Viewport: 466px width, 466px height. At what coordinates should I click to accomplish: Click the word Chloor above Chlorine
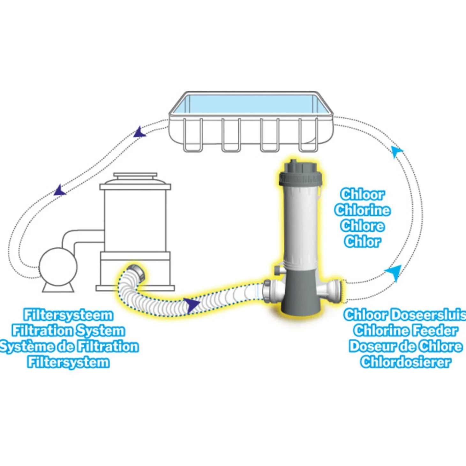pos(362,195)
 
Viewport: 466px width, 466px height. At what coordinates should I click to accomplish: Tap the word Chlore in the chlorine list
pos(362,226)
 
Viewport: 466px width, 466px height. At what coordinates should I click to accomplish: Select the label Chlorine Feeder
pos(406,331)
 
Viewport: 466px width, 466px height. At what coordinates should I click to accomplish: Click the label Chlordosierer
pos(406,362)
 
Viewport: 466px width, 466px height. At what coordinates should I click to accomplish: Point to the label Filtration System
pos(69,331)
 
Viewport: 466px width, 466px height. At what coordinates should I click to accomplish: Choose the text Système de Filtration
pos(69,347)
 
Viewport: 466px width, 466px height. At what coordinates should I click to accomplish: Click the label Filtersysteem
pos(69,315)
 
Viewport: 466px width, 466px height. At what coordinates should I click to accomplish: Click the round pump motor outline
pos(58,267)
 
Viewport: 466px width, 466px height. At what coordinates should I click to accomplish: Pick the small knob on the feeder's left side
pos(279,270)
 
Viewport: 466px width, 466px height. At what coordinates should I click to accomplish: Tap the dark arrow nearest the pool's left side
pos(140,132)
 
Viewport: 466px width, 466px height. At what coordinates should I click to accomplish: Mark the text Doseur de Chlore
pos(406,346)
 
